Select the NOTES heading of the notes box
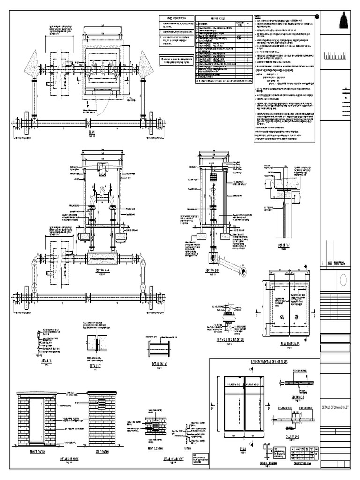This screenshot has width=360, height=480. (259, 17)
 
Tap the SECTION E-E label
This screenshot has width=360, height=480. (299, 397)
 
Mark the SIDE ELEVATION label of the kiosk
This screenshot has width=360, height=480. (102, 452)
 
